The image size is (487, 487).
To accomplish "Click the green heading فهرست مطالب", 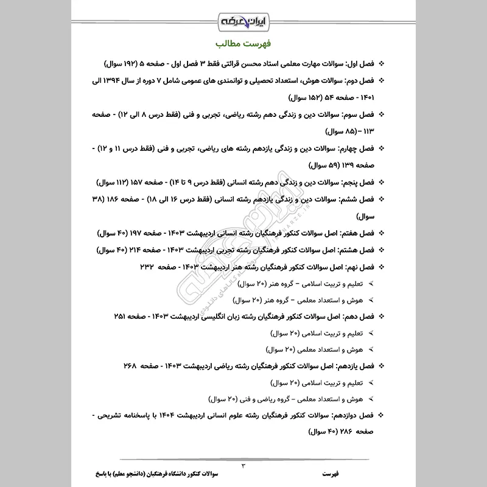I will [243, 44].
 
